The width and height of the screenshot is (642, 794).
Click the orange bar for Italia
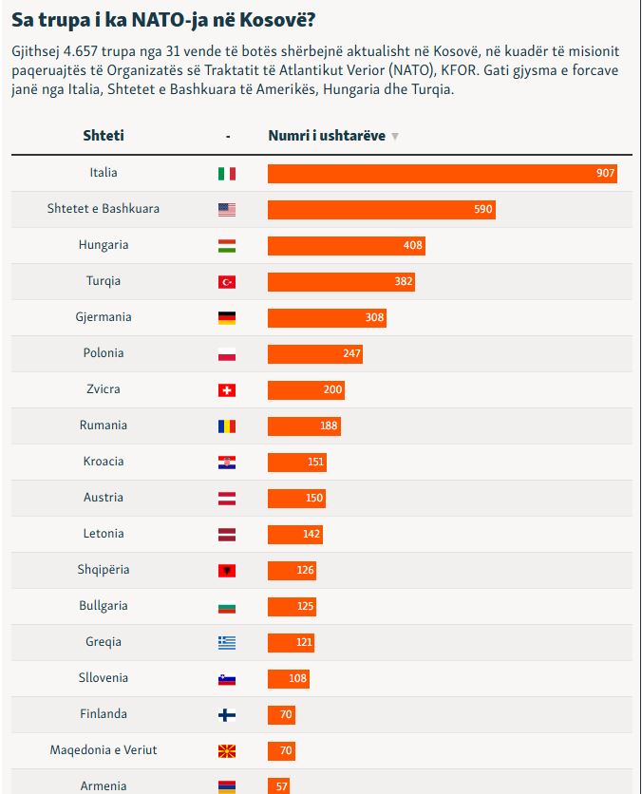[442, 173]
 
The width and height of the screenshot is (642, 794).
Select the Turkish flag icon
[227, 281]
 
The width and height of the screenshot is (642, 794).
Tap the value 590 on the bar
[483, 209]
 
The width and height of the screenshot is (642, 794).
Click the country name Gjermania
[104, 317]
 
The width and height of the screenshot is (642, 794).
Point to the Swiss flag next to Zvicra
[227, 390]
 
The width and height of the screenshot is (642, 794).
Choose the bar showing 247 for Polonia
[315, 353]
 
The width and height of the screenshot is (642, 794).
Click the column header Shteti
[104, 135]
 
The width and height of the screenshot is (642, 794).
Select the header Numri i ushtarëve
[327, 135]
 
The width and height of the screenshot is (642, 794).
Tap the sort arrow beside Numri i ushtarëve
[395, 136]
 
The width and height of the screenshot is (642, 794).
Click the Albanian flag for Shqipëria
[227, 571]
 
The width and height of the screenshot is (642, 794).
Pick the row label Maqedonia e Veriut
[104, 750]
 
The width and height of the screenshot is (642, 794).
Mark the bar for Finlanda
[281, 714]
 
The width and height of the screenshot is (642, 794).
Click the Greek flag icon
[227, 643]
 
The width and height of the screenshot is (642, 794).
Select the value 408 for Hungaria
[412, 245]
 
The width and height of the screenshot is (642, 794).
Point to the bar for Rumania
[304, 425]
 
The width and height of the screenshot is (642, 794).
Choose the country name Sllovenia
[104, 677]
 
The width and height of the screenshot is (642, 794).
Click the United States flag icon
[227, 209]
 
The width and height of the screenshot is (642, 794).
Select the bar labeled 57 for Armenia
[278, 785]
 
